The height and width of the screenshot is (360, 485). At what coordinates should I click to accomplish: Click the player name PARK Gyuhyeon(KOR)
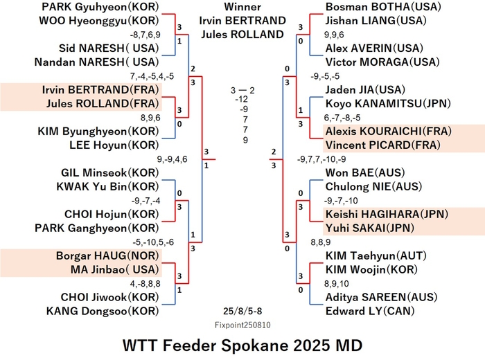(x=100, y=7)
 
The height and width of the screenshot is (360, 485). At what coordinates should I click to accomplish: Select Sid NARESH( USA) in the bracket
(x=109, y=48)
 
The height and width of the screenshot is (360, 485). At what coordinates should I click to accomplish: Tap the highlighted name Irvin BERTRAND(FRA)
(x=100, y=90)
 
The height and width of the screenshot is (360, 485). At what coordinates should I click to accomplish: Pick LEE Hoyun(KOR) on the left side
(x=114, y=145)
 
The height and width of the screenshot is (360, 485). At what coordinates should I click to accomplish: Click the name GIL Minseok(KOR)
(x=109, y=173)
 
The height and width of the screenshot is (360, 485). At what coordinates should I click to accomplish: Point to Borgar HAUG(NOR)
(x=107, y=256)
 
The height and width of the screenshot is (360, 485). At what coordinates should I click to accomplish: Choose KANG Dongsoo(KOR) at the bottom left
(x=103, y=311)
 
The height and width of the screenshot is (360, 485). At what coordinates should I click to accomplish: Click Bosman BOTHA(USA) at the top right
(x=383, y=7)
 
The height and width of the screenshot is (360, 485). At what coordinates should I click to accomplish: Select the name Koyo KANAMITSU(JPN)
(x=388, y=104)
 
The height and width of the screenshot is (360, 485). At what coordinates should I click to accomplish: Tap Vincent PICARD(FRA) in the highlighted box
(x=383, y=145)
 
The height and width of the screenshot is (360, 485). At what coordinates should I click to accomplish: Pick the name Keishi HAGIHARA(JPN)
(x=387, y=214)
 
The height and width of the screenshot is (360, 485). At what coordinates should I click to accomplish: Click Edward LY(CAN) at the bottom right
(x=370, y=311)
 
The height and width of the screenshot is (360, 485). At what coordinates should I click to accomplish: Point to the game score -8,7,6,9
(x=145, y=35)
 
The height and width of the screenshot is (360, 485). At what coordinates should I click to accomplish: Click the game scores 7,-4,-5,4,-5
(x=152, y=76)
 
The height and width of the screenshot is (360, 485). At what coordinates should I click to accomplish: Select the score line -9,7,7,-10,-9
(x=321, y=159)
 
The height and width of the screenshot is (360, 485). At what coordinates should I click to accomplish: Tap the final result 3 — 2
(x=242, y=91)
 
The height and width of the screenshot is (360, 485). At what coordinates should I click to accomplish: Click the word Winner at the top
(x=242, y=7)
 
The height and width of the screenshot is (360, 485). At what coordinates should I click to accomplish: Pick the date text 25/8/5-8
(x=242, y=311)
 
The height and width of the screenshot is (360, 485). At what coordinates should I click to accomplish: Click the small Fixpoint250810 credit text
(x=242, y=325)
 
